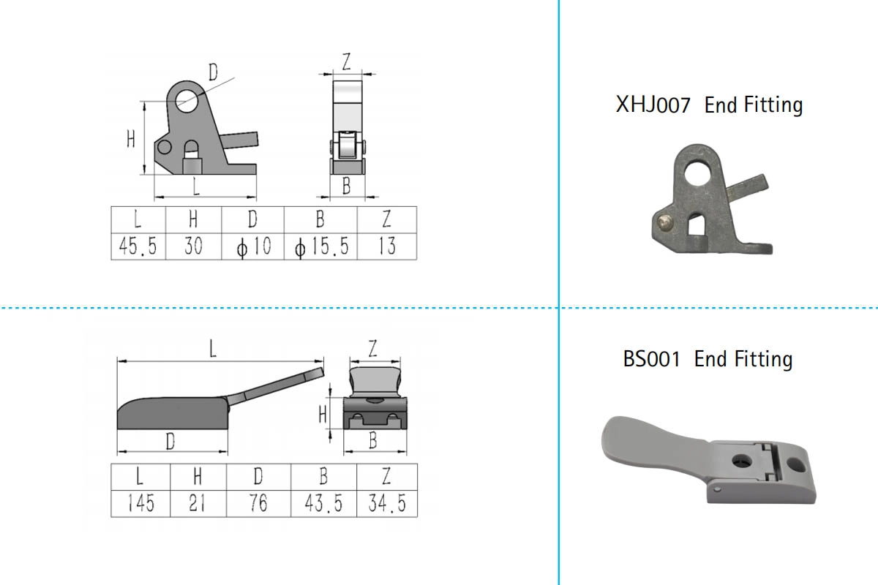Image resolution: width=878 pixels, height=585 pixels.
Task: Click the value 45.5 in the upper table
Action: (x=138, y=246)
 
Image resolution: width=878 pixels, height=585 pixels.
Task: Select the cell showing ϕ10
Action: (x=253, y=246)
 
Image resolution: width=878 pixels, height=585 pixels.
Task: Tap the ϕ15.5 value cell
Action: (x=320, y=246)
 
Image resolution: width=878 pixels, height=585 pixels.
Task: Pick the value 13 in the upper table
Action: (x=387, y=246)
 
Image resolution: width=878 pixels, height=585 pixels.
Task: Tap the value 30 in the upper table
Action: (x=193, y=246)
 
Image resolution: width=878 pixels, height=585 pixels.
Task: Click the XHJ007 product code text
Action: (x=653, y=105)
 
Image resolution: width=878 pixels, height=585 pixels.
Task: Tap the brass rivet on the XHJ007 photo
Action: (x=663, y=222)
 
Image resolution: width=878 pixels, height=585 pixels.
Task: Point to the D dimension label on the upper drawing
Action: (x=213, y=72)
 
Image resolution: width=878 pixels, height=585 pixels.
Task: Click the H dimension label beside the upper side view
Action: (x=131, y=139)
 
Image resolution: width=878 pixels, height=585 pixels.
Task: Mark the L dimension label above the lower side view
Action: (x=212, y=349)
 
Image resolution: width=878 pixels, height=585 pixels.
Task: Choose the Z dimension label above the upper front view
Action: (x=346, y=62)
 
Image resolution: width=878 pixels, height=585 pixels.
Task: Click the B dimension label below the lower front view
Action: (x=372, y=440)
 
